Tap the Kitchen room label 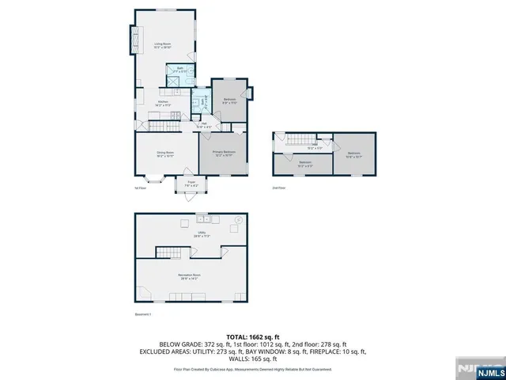[x=163, y=103]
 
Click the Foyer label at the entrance [x=191, y=184]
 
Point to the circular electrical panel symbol [x=236, y=219]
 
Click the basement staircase [x=179, y=252]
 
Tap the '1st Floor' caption [x=141, y=188]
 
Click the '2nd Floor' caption [x=278, y=188]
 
